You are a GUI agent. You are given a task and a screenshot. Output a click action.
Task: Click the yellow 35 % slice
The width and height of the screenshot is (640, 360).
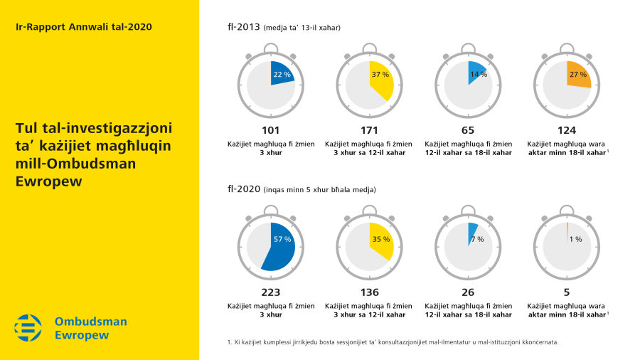tap(381, 240)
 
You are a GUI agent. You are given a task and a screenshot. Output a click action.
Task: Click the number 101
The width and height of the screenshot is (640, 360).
tap(270, 130)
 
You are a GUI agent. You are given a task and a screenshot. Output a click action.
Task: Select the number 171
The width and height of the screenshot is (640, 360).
tap(369, 130)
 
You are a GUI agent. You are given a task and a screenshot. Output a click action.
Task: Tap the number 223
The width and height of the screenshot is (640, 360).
tap(270, 292)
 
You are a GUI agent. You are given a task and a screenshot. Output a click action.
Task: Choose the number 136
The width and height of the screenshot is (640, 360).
tap(369, 292)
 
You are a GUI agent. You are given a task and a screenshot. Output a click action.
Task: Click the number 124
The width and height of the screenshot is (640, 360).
tap(567, 130)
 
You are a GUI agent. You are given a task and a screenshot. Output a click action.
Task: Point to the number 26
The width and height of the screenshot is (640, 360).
tap(468, 292)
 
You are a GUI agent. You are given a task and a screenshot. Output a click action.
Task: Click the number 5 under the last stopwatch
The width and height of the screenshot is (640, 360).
tap(567, 292)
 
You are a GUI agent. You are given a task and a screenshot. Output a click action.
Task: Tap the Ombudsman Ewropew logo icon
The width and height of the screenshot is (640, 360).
tap(28, 328)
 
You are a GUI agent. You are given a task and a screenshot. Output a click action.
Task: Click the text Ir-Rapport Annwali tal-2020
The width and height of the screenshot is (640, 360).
tap(83, 26)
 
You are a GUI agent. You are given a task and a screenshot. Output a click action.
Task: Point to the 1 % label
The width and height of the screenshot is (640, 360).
tap(575, 239)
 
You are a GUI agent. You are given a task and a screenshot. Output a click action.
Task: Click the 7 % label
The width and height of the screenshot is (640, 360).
tap(477, 239)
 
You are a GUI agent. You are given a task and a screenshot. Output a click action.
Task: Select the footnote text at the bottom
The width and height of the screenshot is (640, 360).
tap(393, 342)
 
